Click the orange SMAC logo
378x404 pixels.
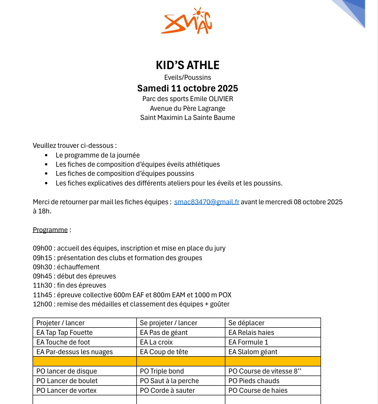pos(186,21)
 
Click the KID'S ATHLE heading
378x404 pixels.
pos(188,65)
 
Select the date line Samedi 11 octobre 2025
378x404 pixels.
pos(188,88)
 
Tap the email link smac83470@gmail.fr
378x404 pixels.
pos(207,202)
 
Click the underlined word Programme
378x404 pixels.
pos(50,230)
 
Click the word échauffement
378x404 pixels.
pos(79,267)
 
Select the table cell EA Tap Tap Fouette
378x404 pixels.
pos(65,332)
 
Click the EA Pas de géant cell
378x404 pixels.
pos(164,332)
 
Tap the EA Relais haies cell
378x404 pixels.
pos(251,332)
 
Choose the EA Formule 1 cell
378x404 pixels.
pos(249,342)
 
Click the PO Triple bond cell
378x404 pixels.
pos(162,371)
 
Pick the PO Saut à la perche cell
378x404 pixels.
pos(169,381)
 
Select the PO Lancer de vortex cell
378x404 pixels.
pos(67,390)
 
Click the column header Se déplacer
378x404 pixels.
pos(246,323)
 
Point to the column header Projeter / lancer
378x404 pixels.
pos(61,323)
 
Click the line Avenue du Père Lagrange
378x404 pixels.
pos(188,108)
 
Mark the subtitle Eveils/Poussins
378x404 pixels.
pos(188,77)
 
